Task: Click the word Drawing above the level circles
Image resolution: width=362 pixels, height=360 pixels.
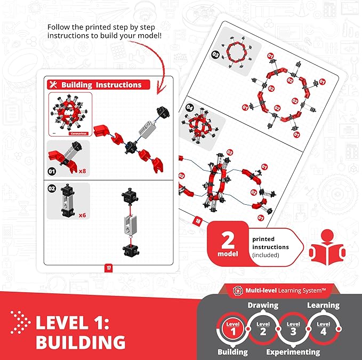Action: (262, 306)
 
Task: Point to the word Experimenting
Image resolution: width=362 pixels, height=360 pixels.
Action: (293, 351)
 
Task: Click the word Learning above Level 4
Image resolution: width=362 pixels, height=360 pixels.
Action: (323, 306)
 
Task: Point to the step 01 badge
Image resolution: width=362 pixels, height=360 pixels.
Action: (52, 172)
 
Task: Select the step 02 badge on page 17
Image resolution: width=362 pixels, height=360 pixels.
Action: (52, 188)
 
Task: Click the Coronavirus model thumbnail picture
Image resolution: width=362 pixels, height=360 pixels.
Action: (70, 115)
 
